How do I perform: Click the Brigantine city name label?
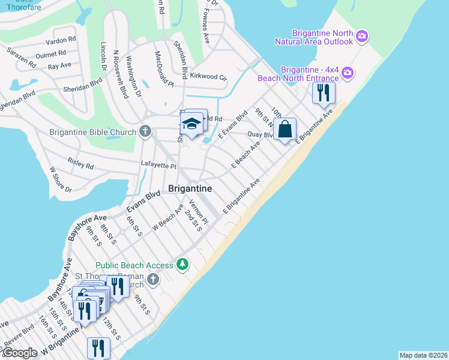tap(190, 188)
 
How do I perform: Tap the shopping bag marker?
tap(285, 128)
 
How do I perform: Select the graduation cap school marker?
tap(192, 124)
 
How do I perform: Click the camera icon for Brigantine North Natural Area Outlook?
tap(361, 37)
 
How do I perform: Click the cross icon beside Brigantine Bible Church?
tap(145, 131)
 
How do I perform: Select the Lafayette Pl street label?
tap(158, 166)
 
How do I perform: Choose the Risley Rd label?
tap(80, 164)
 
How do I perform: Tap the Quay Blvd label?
tap(261, 134)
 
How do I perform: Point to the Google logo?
tap(20, 353)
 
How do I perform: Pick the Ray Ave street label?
tap(59, 65)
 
